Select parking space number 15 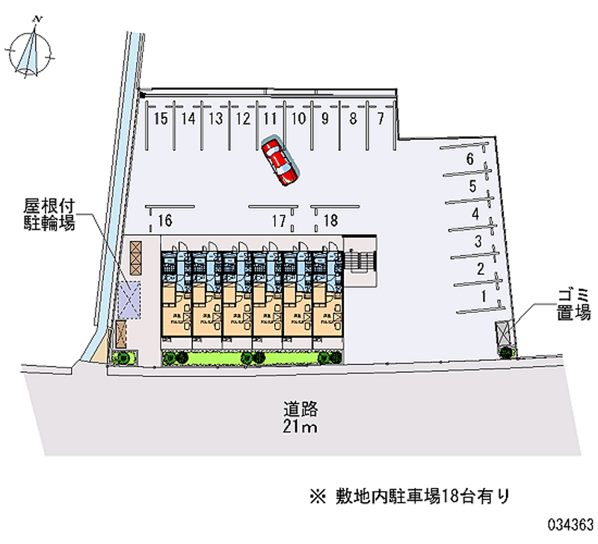(161, 118)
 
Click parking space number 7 (380, 118)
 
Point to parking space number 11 (270, 118)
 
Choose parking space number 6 (469, 159)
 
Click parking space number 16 (165, 220)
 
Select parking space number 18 (331, 220)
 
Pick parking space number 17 (279, 220)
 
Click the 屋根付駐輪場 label (49, 214)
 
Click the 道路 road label (300, 409)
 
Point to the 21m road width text (300, 427)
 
